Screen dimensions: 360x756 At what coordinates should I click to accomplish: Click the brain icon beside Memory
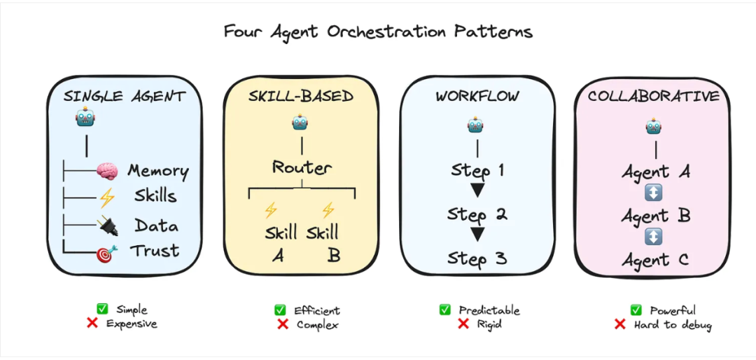106,171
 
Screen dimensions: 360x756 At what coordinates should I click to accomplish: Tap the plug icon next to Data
107,226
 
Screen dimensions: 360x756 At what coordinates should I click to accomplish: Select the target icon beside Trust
107,252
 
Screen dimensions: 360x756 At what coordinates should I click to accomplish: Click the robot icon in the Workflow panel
477,125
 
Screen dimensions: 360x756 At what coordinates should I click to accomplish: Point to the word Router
302,167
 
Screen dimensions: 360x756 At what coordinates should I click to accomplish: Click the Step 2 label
478,214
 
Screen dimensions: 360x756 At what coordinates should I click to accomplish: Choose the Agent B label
655,216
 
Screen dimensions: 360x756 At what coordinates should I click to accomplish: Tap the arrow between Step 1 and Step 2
477,191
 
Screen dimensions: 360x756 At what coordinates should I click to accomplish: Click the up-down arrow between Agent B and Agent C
653,237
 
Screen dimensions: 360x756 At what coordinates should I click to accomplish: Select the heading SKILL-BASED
302,97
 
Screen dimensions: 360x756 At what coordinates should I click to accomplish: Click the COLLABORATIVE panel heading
653,97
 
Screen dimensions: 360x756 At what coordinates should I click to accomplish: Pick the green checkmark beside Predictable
445,310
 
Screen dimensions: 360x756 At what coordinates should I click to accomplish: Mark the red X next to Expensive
91,324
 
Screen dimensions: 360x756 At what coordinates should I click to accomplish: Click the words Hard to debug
673,324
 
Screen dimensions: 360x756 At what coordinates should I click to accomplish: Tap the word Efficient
317,310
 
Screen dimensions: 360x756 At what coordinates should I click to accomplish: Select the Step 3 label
478,258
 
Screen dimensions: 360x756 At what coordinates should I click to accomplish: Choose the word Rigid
491,324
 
